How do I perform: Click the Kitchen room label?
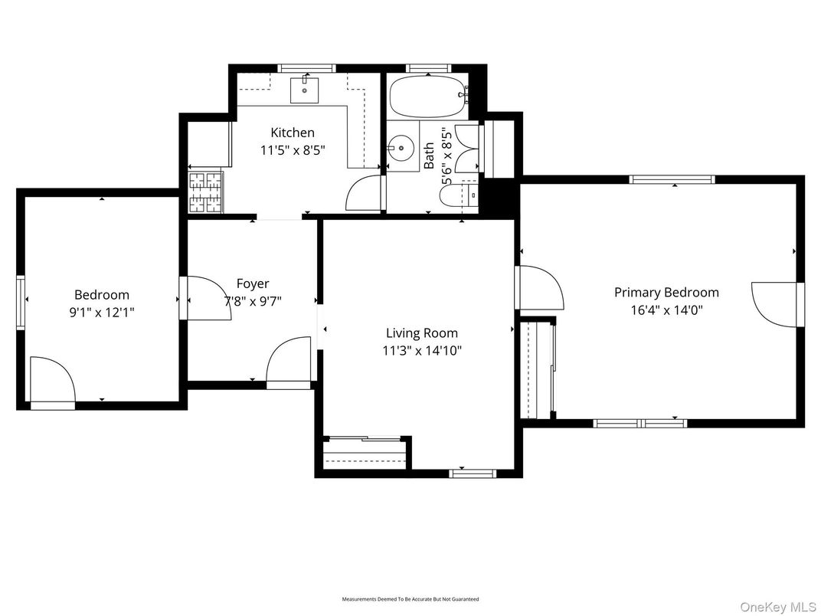[292, 133]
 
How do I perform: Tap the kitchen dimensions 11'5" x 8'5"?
[292, 150]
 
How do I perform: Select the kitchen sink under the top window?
[306, 89]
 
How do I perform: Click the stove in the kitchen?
[204, 192]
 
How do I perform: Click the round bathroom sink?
[400, 149]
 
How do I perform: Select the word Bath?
[429, 156]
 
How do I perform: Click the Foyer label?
[252, 283]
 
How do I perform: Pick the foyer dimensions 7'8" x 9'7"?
[252, 301]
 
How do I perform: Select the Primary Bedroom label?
[666, 292]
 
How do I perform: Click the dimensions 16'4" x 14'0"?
[666, 310]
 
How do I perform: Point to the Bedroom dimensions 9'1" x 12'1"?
[101, 312]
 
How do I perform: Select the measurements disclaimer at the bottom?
[410, 598]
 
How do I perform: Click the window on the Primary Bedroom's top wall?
[672, 179]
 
